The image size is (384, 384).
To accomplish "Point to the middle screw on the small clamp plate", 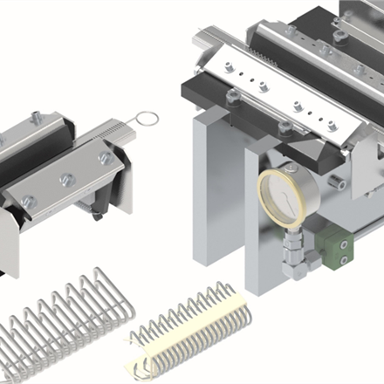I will [x=66, y=180].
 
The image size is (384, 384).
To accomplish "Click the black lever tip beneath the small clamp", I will [x=97, y=214].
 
